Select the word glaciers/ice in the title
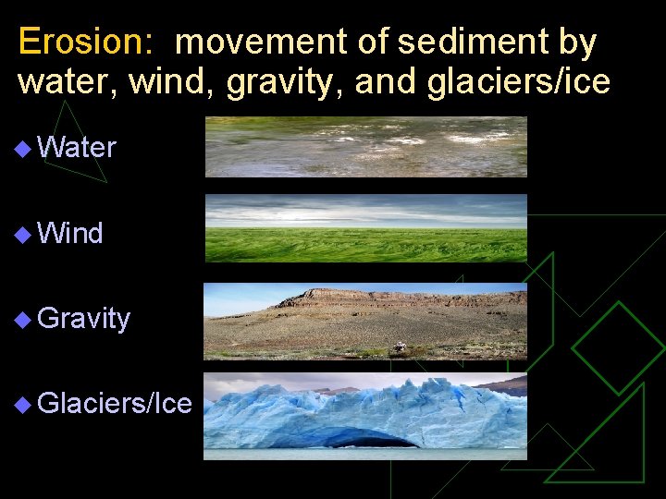pos(519,82)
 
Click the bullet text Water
pos(78,148)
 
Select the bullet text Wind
pos(71,234)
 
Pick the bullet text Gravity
pos(85,319)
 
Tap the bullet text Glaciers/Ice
pos(116,404)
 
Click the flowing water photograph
pos(365,146)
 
